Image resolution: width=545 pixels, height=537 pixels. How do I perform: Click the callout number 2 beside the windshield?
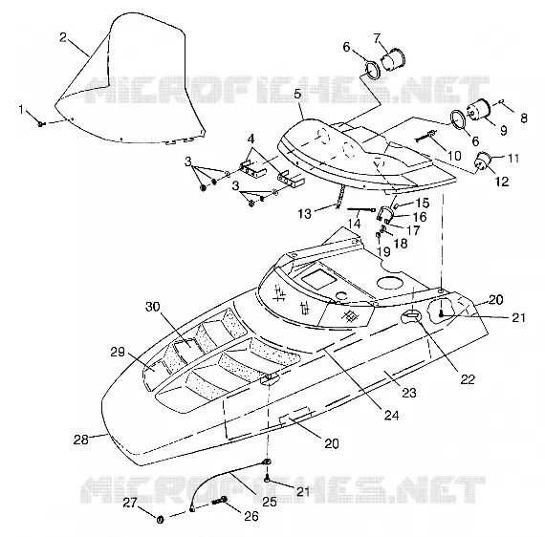(62, 37)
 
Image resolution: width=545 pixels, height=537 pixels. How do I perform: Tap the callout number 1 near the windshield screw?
(22, 110)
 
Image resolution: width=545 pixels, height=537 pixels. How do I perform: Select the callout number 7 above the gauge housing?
(377, 38)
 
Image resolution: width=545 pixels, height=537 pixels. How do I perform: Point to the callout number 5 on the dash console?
(296, 95)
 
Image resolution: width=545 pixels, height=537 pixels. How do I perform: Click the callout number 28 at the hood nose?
(81, 440)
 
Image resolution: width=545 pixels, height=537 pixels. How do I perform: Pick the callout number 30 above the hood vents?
(153, 307)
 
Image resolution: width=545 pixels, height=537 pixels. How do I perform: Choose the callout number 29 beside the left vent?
(118, 352)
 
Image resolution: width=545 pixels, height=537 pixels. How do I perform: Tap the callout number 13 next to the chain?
(304, 214)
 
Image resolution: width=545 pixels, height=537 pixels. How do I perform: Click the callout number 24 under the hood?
(391, 415)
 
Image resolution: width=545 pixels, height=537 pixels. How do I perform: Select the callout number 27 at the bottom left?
(130, 503)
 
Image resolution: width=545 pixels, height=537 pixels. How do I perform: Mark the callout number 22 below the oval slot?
(468, 379)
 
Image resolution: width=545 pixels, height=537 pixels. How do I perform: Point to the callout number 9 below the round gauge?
(503, 130)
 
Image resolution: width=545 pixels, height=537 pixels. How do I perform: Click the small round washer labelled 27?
(160, 520)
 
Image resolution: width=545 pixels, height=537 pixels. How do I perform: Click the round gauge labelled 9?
(478, 109)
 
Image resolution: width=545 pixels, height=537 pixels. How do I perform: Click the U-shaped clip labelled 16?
(384, 213)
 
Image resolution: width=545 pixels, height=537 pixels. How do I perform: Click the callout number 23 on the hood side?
(409, 393)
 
